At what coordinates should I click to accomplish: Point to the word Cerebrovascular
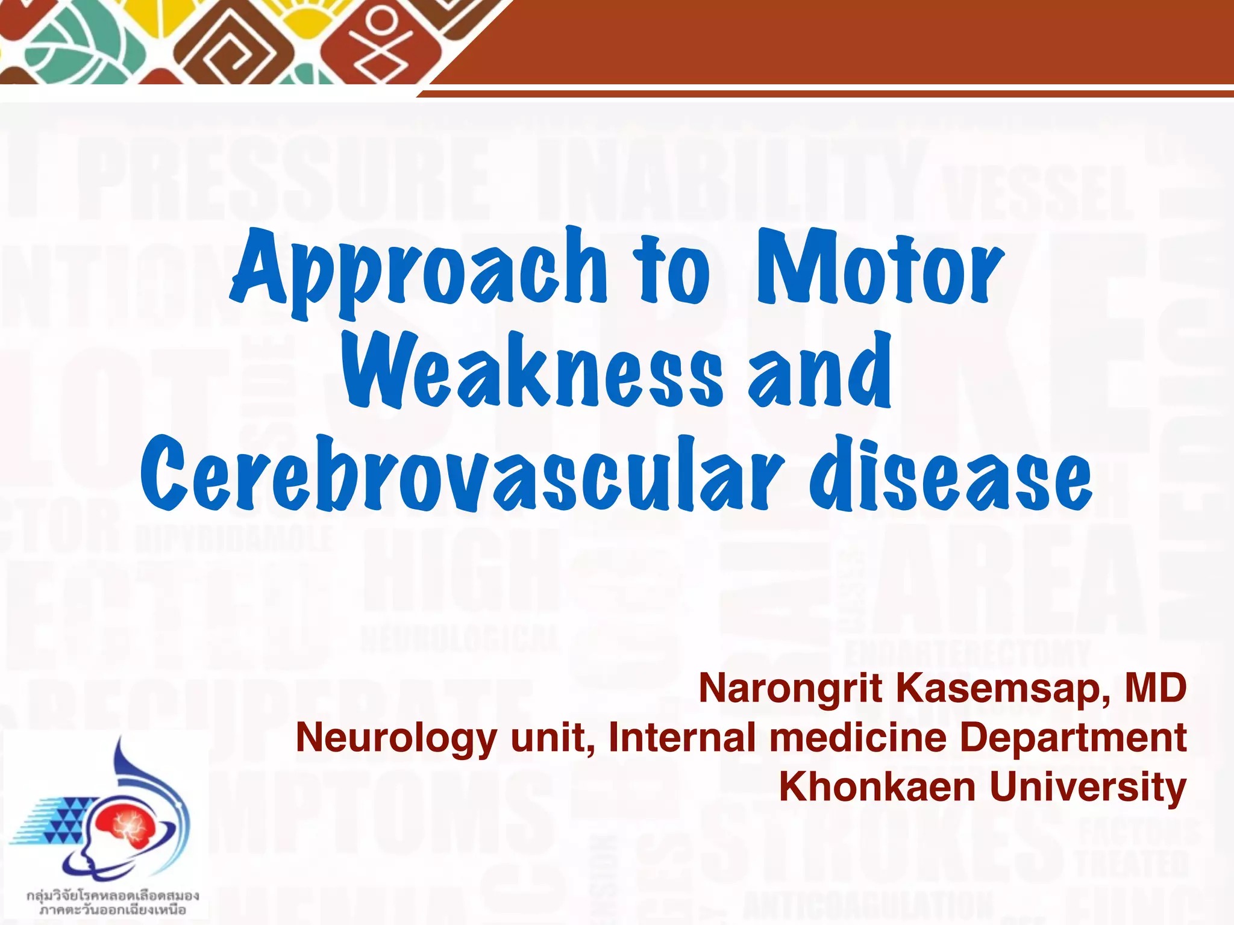[461, 476]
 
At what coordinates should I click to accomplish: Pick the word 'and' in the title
[819, 370]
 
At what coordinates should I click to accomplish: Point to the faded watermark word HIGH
[461, 572]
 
